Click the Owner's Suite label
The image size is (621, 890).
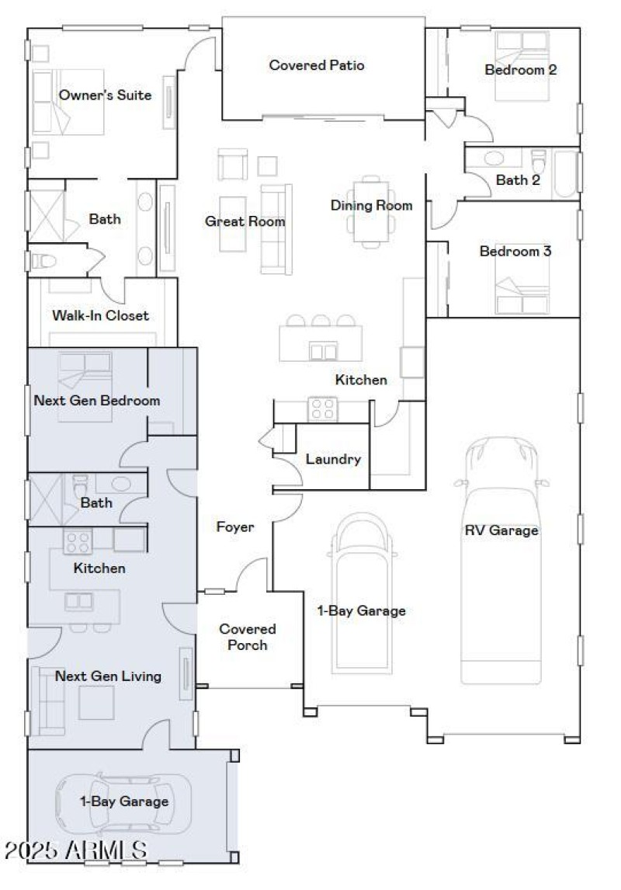pyautogui.click(x=105, y=96)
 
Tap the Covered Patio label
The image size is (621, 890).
pyautogui.click(x=316, y=65)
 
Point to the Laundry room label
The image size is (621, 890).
pyautogui.click(x=333, y=459)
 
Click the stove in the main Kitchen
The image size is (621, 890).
pyautogui.click(x=322, y=409)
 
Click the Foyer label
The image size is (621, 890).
pyautogui.click(x=234, y=527)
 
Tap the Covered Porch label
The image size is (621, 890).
pyautogui.click(x=248, y=637)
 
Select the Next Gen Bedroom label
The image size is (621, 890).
pyautogui.click(x=97, y=401)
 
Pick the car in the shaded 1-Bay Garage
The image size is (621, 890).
pyautogui.click(x=123, y=804)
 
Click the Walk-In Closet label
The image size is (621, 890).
pyautogui.click(x=100, y=315)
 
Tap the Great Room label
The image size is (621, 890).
pyautogui.click(x=245, y=221)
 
